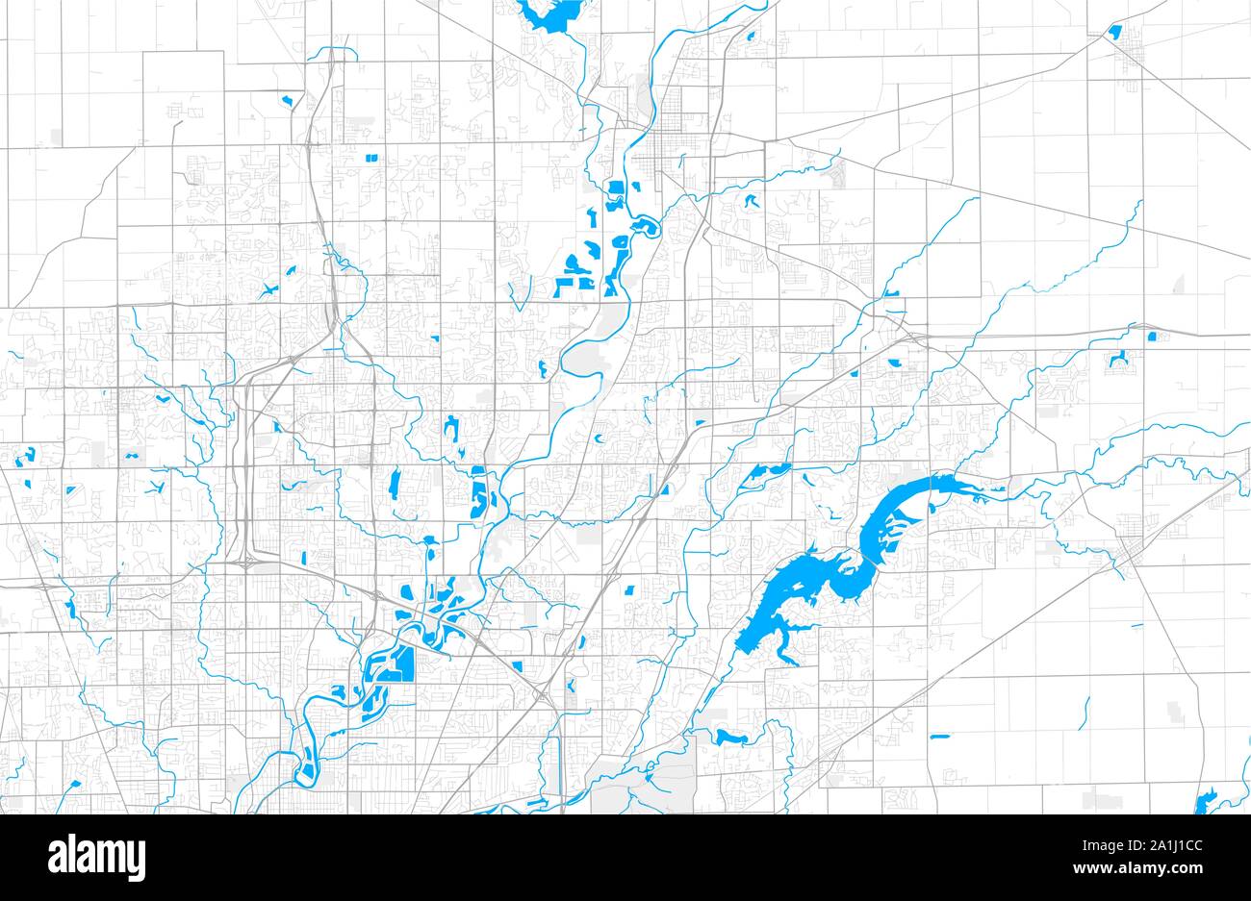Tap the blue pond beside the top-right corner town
tap(1114, 32)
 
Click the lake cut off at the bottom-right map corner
tap(1205, 801)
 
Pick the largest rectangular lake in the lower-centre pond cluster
tap(396, 663)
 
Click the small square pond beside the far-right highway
tap(1151, 337)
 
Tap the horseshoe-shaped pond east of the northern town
tap(750, 203)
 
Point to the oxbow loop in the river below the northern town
tap(643, 227)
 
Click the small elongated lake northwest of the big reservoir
tap(765, 471)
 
